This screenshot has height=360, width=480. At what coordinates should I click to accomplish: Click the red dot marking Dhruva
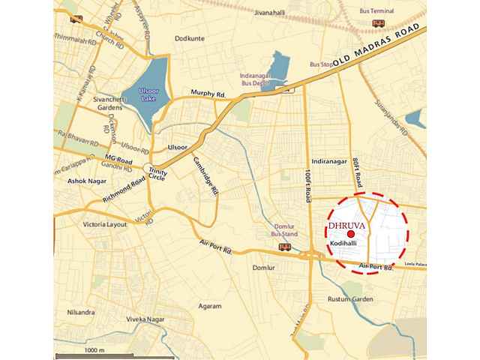point(341,234)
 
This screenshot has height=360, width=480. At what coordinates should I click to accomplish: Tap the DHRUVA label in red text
point(342,223)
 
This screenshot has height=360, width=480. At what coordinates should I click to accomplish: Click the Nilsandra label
point(80,310)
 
